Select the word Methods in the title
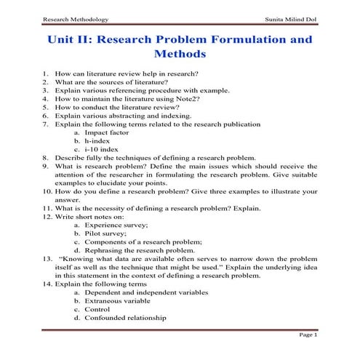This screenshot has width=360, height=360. pos(180,54)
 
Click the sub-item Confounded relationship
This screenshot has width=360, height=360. pos(125,317)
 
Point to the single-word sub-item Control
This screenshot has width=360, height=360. pos(97,308)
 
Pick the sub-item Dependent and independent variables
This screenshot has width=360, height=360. pos(146,292)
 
